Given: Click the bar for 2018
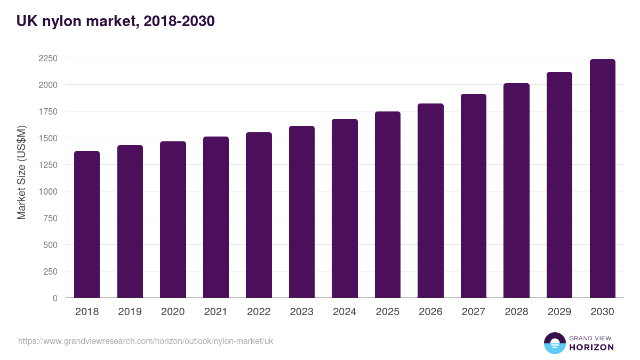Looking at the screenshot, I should point(87,225).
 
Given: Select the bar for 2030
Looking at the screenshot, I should point(603,179).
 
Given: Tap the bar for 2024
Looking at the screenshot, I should point(345,209).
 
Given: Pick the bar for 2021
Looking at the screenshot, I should point(216,217).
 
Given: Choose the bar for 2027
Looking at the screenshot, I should point(474,196).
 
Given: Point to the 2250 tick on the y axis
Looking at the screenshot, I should point(47,58).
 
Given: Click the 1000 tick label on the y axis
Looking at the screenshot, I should point(47,191).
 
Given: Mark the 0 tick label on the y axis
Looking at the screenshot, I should point(55,298).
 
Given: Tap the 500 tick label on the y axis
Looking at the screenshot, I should point(50,245).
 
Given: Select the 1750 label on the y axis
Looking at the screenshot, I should point(47,111).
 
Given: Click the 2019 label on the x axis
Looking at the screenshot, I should point(130,312).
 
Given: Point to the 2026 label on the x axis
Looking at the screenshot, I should point(430,312).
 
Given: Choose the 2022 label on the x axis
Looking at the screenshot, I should point(259,312).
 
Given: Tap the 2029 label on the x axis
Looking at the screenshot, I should point(559,312).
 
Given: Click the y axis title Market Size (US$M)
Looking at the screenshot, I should point(21,172).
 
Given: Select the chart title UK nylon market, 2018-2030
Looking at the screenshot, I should point(115,21).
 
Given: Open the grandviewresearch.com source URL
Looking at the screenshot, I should point(146,341).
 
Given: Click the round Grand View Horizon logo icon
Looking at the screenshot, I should point(555,343).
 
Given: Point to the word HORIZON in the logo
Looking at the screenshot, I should point(591,347).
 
